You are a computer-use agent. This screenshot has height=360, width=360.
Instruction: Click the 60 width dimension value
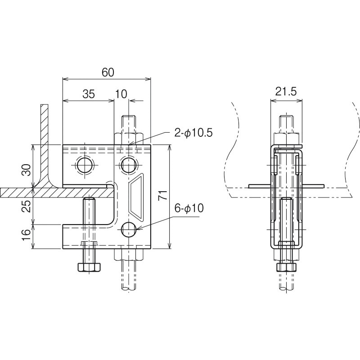click(x=108, y=72)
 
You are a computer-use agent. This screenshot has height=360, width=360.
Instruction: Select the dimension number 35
click(x=89, y=94)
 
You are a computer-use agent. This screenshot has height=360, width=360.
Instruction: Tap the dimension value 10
click(x=121, y=94)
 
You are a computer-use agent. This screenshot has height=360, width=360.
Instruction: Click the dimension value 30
click(x=27, y=170)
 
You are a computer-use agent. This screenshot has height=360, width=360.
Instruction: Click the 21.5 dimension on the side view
click(x=286, y=92)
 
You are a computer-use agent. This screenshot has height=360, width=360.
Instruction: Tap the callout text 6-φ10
click(x=189, y=208)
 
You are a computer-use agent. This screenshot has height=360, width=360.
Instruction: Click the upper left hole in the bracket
click(x=84, y=165)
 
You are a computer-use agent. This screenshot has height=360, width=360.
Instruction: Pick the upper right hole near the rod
click(x=128, y=165)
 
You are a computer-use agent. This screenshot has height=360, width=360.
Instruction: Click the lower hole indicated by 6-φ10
click(x=129, y=230)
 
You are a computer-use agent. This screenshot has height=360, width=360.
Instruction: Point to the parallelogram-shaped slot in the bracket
click(x=135, y=195)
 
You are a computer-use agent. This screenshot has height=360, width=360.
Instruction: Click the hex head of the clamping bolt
click(x=90, y=267)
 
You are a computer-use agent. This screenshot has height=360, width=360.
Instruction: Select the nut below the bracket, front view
click(x=129, y=256)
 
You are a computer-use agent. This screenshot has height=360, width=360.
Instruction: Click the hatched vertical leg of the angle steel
click(x=45, y=139)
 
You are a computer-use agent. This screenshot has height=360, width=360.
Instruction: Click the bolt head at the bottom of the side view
click(x=286, y=267)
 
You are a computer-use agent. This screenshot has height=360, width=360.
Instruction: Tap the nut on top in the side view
click(x=286, y=138)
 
